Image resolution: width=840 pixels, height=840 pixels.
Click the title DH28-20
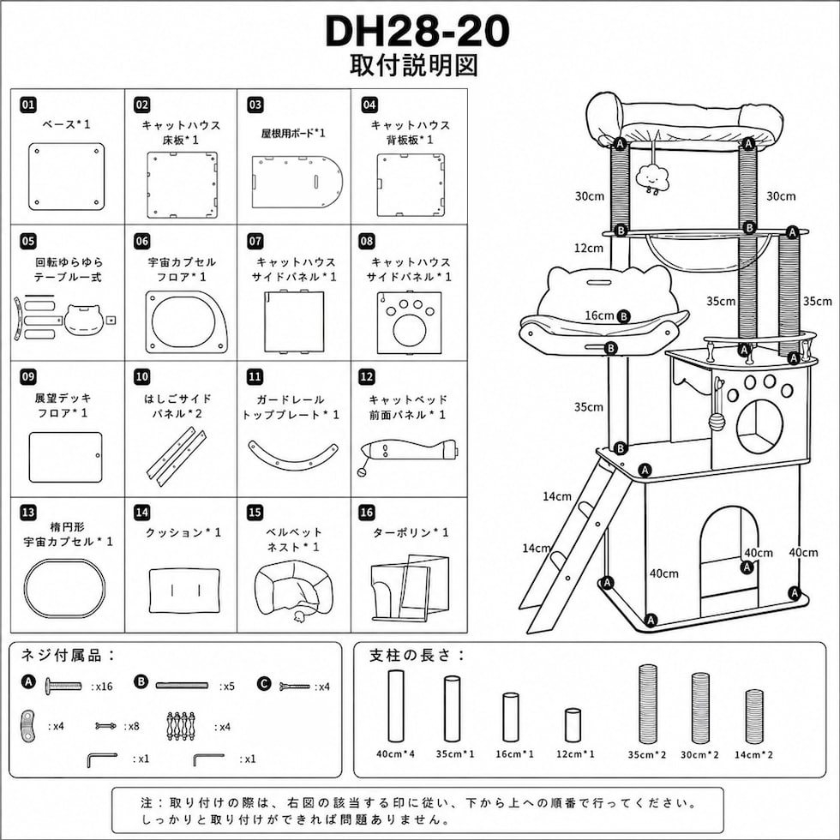(x=417, y=31)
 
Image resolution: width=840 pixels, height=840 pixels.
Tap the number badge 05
(x=28, y=241)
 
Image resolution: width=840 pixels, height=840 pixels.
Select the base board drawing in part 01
(x=67, y=177)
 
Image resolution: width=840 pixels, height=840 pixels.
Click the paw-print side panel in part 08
(x=410, y=322)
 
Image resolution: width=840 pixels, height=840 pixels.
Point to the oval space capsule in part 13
(x=65, y=588)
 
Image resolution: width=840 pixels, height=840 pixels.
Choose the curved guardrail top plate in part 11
(x=293, y=455)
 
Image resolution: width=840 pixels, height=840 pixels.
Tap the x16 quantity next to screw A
(x=102, y=687)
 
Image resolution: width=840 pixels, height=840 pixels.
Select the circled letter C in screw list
(x=264, y=684)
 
